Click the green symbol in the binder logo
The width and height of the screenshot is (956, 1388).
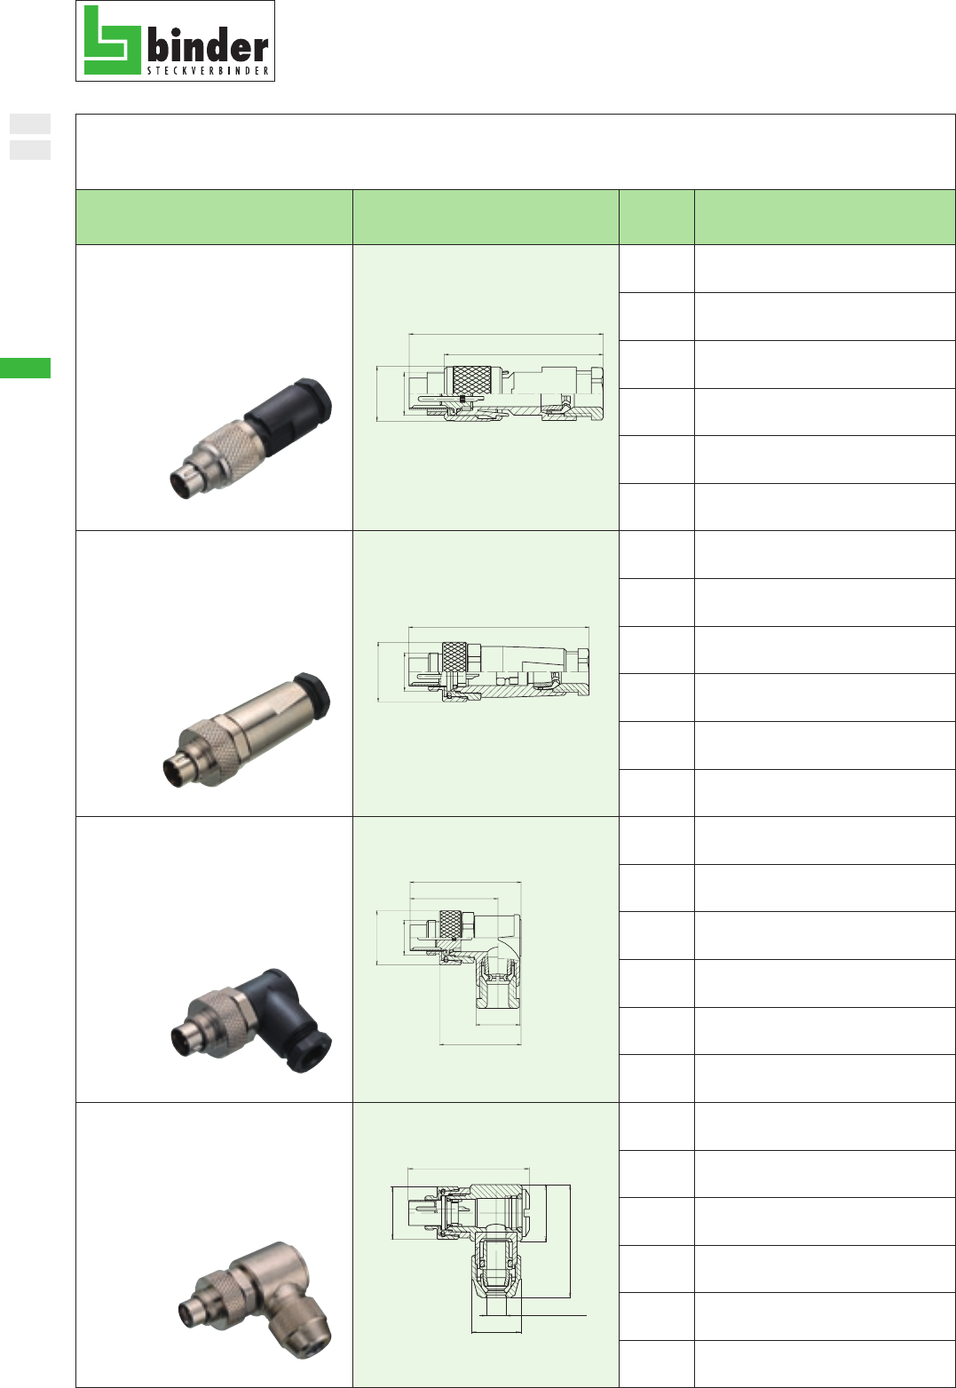(x=112, y=40)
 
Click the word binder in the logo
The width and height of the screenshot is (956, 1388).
(x=208, y=45)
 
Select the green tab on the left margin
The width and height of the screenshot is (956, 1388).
(x=25, y=368)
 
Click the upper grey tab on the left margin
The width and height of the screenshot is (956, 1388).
(x=30, y=124)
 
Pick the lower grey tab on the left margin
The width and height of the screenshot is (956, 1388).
(x=30, y=150)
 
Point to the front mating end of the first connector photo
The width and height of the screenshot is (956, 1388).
(x=186, y=480)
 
